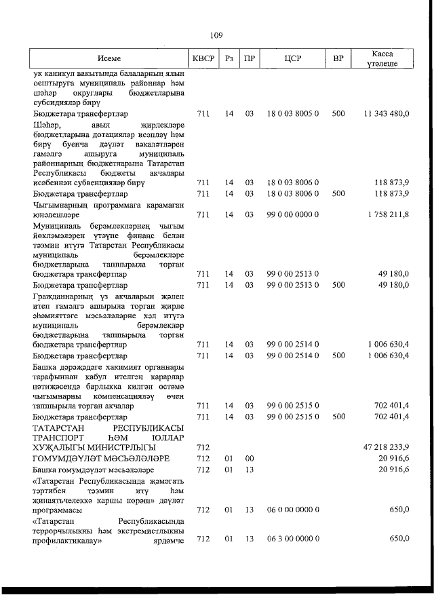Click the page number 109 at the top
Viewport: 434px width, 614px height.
tap(217, 35)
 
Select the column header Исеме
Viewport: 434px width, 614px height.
tap(108, 59)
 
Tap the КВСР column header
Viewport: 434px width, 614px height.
tap(203, 59)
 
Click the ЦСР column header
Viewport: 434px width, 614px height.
tap(292, 59)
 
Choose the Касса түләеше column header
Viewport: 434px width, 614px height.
tap(384, 59)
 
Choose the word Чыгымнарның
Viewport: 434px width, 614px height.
tap(60, 205)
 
